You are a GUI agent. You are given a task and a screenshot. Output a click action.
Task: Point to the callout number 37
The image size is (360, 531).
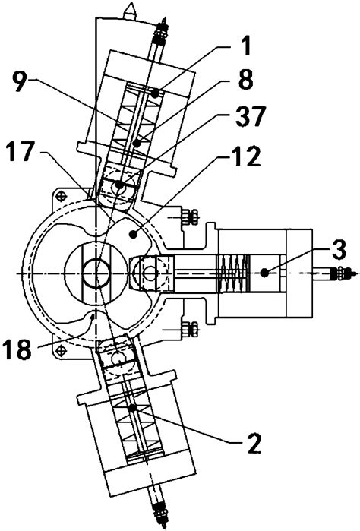[251, 115]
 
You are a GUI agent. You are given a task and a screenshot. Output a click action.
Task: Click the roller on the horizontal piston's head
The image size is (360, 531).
[147, 273]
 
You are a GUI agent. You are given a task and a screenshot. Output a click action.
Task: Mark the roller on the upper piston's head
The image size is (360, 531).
[116, 185]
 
